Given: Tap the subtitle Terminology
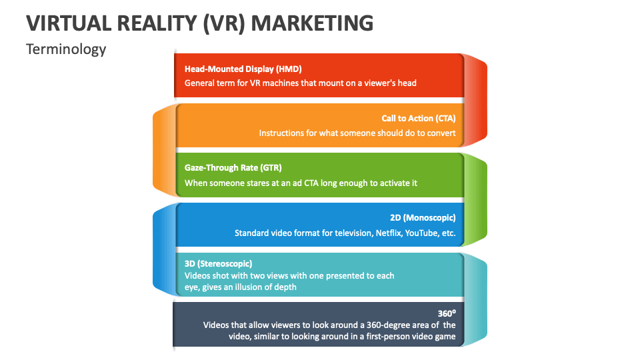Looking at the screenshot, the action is (x=66, y=49).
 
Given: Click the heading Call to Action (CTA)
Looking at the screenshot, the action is (x=419, y=119).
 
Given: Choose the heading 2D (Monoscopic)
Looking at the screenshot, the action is (x=423, y=218).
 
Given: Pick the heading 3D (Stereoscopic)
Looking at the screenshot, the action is (x=219, y=263).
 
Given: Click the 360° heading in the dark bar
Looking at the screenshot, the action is (x=446, y=313).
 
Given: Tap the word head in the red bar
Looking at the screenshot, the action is (x=406, y=83).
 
